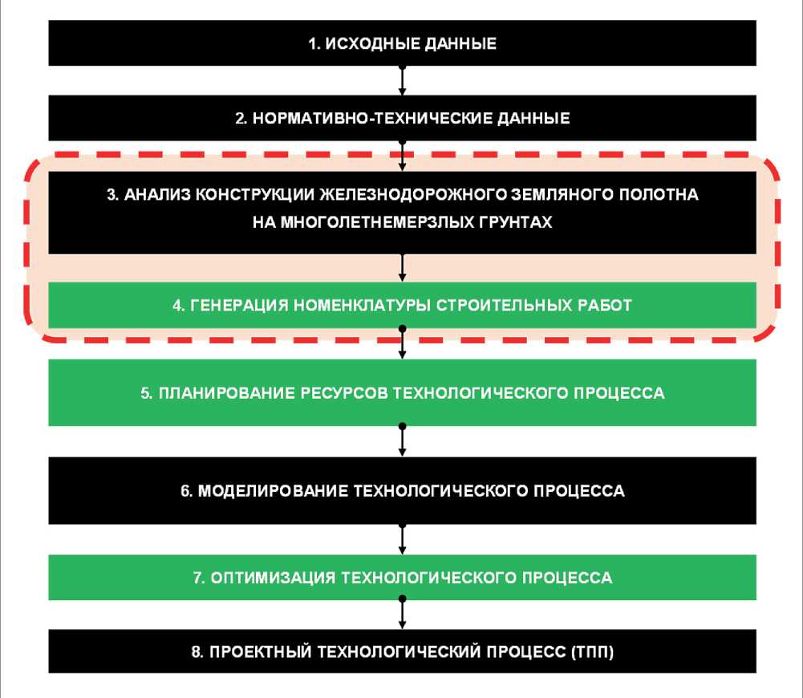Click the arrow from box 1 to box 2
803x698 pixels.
pyautogui.click(x=402, y=80)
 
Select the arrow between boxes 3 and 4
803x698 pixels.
pyautogui.click(x=402, y=268)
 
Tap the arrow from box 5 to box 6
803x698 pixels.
pyautogui.click(x=402, y=440)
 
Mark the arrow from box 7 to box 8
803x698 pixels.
pyautogui.click(x=402, y=614)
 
